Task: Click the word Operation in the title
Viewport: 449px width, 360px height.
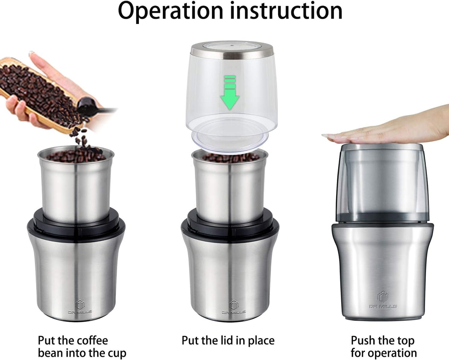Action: [171, 11]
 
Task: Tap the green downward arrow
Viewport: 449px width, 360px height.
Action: [230, 93]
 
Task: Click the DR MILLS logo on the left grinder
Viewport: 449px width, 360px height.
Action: [80, 307]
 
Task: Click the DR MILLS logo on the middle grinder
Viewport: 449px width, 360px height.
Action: [234, 307]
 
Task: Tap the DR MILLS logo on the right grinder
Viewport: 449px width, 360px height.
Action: [383, 300]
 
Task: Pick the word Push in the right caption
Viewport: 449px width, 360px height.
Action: [363, 340]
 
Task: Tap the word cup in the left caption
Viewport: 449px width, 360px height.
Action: [117, 353]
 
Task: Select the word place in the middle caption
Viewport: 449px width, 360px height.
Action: [261, 341]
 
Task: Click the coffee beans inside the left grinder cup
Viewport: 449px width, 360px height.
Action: [76, 155]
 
